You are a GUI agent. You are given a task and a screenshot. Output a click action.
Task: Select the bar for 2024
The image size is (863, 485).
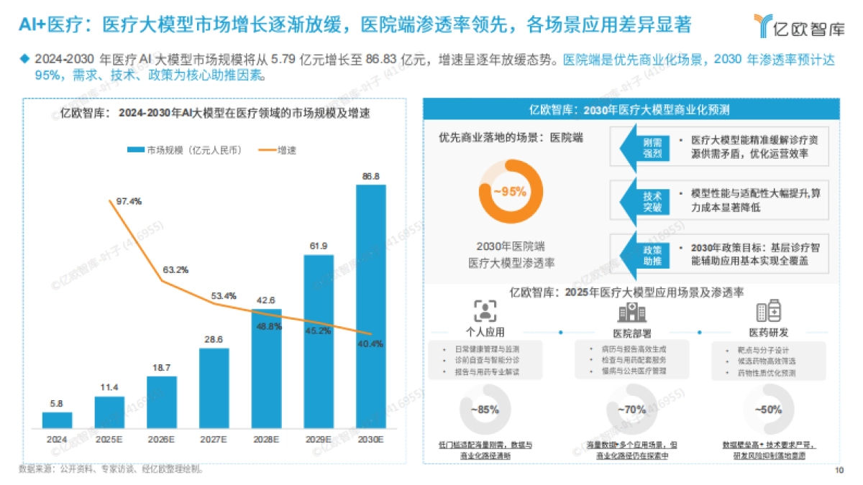pyautogui.click(x=52, y=419)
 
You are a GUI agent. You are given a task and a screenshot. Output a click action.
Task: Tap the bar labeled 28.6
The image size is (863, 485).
pyautogui.click(x=214, y=387)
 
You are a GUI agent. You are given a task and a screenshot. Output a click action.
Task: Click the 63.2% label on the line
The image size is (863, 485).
pyautogui.click(x=176, y=270)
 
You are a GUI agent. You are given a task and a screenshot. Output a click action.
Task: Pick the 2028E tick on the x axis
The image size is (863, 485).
pyautogui.click(x=267, y=438)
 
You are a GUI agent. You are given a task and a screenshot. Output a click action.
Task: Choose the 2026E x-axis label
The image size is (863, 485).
pyautogui.click(x=162, y=438)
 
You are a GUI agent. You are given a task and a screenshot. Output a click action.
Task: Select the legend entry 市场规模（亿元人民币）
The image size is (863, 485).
pyautogui.click(x=183, y=149)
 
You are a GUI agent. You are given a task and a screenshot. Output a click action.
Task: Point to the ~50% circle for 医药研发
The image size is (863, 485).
pyautogui.click(x=768, y=410)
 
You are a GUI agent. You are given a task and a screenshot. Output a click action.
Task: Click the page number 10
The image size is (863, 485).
pyautogui.click(x=839, y=471)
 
